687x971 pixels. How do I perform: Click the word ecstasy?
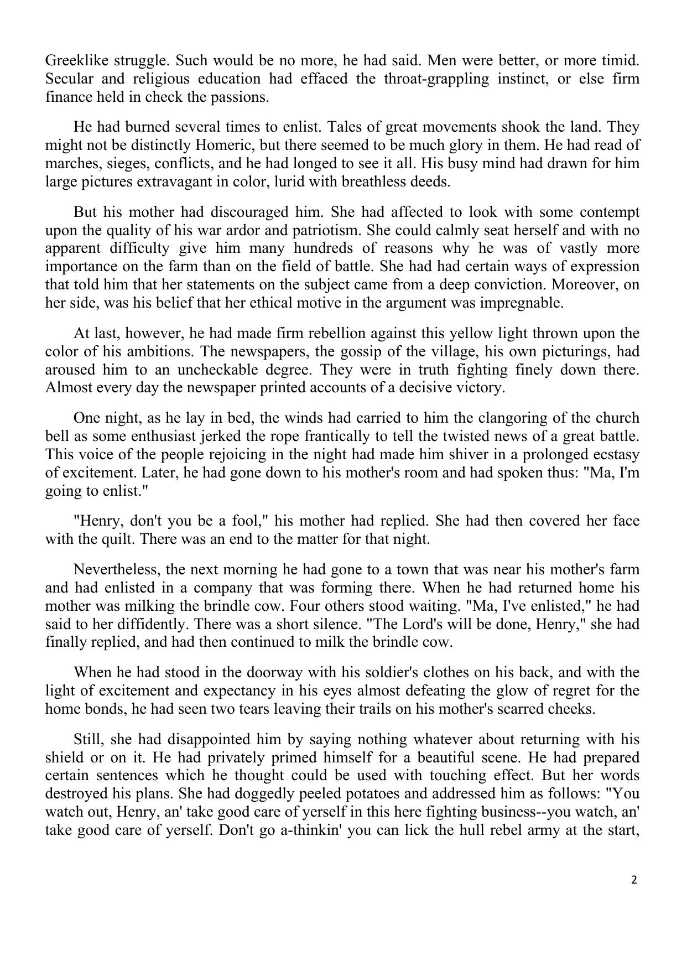[x=612, y=454]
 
